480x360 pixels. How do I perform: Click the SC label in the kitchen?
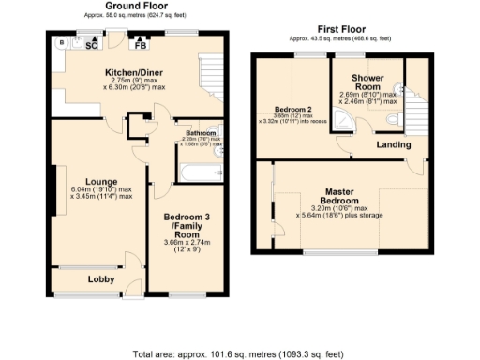coord(92,45)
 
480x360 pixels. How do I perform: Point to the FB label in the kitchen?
coord(141,44)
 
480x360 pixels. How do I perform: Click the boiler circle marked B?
coord(61,43)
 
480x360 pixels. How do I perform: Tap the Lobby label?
coord(100,279)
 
